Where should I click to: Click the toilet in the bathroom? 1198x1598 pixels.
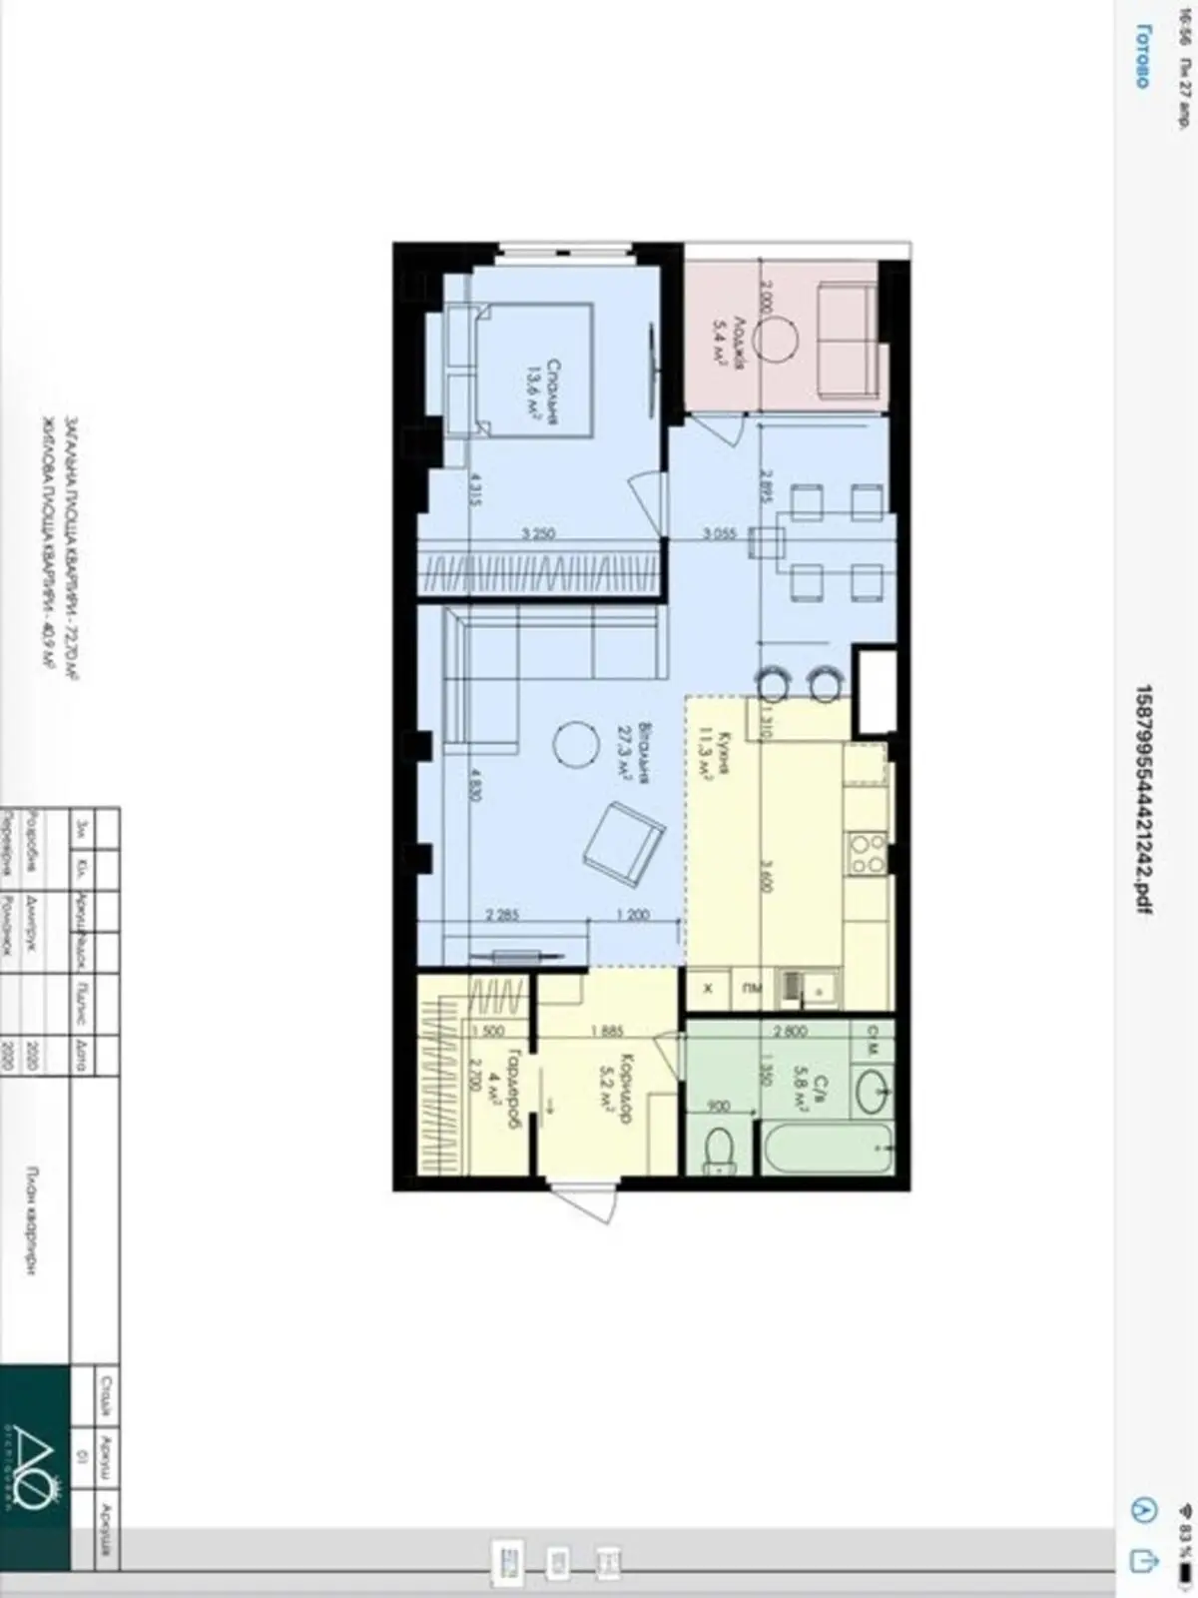tap(721, 1151)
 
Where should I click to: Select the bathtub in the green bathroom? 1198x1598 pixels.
tap(828, 1151)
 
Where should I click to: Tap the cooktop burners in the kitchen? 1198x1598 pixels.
tap(867, 854)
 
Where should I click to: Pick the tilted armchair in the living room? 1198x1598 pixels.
tap(624, 844)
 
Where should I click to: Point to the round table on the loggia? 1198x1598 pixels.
tap(776, 340)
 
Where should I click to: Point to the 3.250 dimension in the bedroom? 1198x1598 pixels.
tap(539, 533)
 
